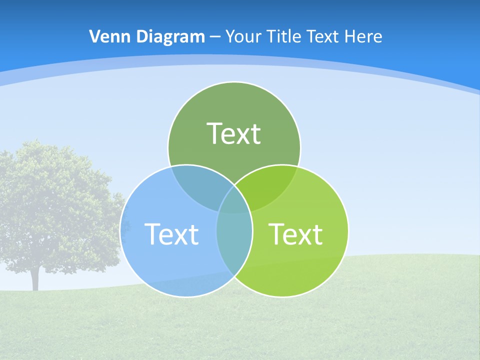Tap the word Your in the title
tap(243, 36)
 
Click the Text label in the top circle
tap(234, 133)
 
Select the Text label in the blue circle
tap(171, 234)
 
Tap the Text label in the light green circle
tap(295, 234)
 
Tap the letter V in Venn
tap(95, 36)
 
